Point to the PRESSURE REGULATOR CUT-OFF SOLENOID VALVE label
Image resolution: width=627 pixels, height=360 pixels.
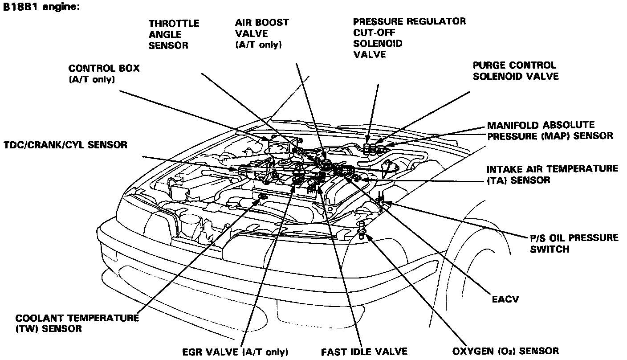(x=409, y=38)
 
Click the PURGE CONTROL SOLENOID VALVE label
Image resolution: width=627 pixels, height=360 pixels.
(x=515, y=71)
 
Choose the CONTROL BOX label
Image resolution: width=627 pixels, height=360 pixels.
(x=104, y=74)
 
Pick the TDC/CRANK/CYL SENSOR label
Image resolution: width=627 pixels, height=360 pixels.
(x=65, y=145)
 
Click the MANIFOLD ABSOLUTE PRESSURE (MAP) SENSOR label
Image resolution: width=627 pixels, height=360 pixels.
(x=550, y=131)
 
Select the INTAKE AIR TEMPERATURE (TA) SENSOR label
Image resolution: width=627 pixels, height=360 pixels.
(x=552, y=174)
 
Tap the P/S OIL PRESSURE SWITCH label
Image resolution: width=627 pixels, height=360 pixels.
(x=574, y=243)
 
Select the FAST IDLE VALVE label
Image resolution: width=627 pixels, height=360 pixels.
(x=364, y=352)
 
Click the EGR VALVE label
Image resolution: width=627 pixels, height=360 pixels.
(x=236, y=352)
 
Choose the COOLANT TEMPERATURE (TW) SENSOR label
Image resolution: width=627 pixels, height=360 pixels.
(x=77, y=323)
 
